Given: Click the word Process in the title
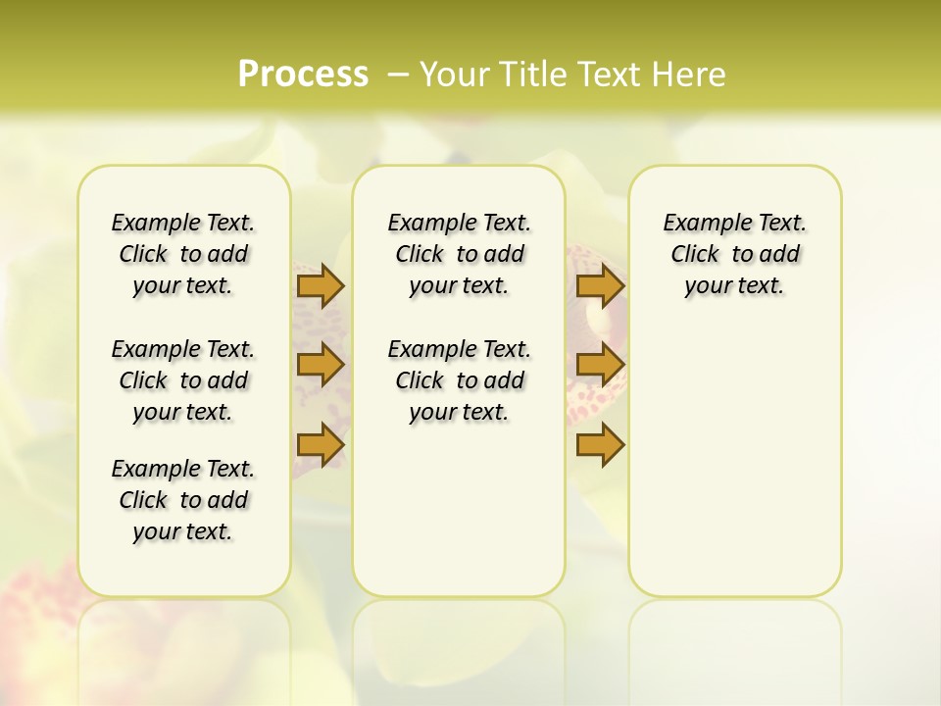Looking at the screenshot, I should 303,74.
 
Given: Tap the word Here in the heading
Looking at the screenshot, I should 686,75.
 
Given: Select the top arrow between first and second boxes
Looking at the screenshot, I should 320,286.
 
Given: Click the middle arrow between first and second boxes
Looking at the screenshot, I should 320,365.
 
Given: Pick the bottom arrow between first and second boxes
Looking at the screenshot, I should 320,444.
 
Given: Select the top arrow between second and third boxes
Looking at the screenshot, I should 600,286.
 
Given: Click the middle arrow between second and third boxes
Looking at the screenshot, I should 600,365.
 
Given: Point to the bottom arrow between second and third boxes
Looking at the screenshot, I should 600,444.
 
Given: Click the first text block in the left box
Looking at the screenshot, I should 183,254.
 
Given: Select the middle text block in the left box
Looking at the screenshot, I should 183,380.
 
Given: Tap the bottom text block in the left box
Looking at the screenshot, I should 183,500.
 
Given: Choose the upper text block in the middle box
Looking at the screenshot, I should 459,254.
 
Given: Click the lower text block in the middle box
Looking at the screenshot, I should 459,380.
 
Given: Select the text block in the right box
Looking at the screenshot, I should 734,254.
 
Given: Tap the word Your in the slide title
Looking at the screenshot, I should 453,75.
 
